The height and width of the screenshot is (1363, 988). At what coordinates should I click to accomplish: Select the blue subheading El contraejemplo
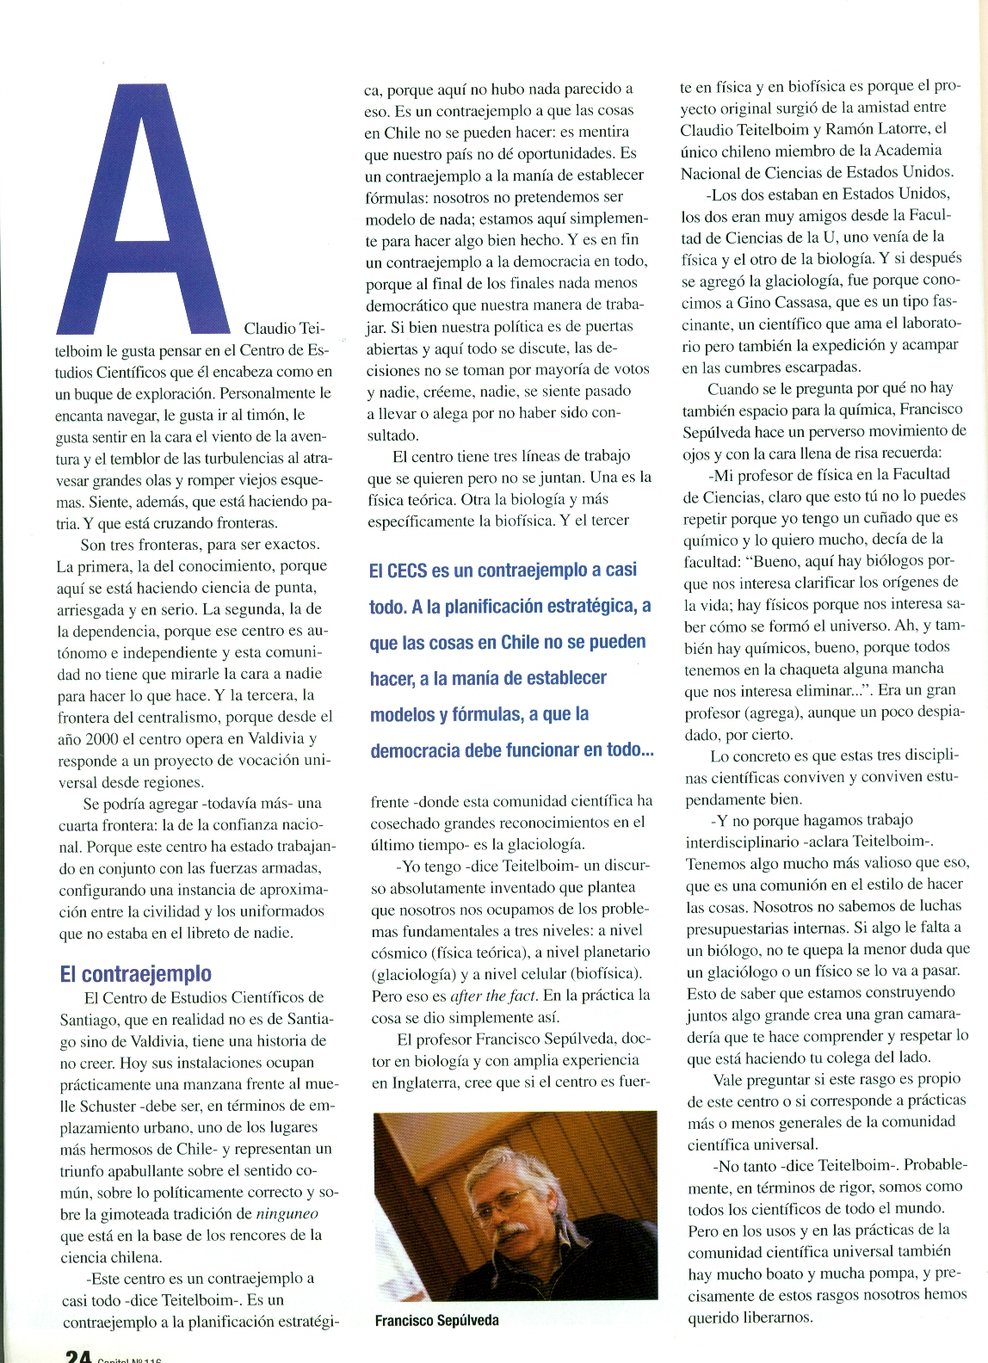click(x=135, y=973)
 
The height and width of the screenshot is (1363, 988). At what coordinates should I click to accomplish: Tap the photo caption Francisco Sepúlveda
click(x=436, y=1320)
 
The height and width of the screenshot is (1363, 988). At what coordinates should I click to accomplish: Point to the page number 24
click(x=78, y=1355)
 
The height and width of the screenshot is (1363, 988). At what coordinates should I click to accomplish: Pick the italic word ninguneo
click(x=287, y=1214)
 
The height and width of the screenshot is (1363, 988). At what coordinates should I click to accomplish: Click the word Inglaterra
click(x=410, y=1082)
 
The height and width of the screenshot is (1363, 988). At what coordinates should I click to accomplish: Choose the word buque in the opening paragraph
click(x=79, y=394)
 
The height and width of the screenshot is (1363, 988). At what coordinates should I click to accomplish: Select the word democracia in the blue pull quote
click(x=415, y=751)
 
